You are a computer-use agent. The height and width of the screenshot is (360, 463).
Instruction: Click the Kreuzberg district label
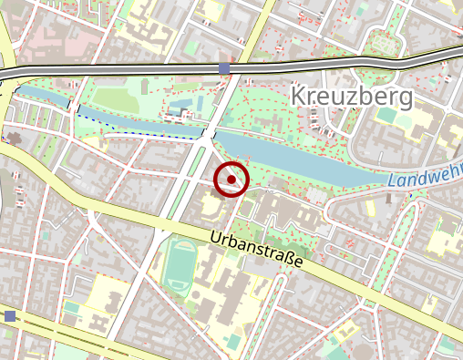coord(351,96)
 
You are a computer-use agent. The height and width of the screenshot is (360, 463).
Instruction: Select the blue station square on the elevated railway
coord(224,68)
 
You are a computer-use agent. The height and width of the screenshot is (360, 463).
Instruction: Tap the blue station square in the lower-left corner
coord(10,316)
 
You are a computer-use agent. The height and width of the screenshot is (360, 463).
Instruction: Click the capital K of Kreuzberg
coord(298,96)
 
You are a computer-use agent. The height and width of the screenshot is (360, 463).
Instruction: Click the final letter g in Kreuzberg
coord(404,98)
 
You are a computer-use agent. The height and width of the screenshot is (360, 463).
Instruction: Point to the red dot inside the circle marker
coord(231,180)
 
